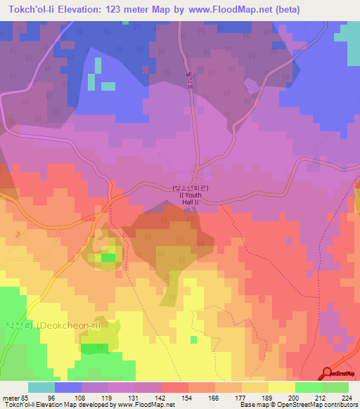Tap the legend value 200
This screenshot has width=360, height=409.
[294, 398]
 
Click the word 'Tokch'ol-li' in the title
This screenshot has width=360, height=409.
[32, 9]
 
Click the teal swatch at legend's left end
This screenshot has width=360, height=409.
[41, 387]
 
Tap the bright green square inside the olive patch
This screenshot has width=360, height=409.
[107, 258]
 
